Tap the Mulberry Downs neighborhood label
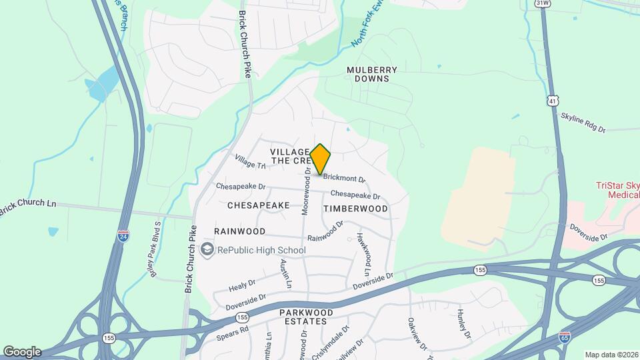pos(372,74)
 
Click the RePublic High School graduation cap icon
pos(207,250)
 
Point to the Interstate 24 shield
pos(123,236)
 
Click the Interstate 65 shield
pos(564,337)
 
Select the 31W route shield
pos(542,3)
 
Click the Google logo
pos(22,351)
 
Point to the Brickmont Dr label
pos(345,179)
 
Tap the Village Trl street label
pos(250,161)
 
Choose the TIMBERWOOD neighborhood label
pos(355,209)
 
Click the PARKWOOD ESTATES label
pos(303,317)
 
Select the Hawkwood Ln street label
pos(364,255)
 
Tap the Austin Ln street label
pos(286,274)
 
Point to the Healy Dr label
pos(241,285)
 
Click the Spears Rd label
pos(232,334)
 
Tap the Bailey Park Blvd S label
pos(153,250)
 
